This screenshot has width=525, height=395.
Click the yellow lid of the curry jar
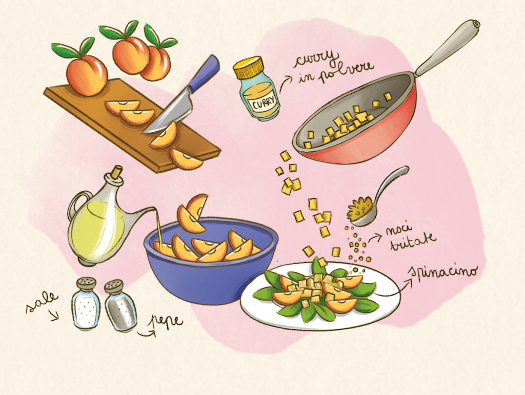(248, 68)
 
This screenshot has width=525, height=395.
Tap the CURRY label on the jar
(264, 101)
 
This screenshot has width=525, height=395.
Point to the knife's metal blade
(168, 110)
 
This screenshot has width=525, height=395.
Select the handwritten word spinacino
(444, 272)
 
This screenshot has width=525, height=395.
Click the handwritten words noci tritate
(411, 238)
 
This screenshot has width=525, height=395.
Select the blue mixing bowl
(211, 261)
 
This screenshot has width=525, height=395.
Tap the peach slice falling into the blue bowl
(193, 214)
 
